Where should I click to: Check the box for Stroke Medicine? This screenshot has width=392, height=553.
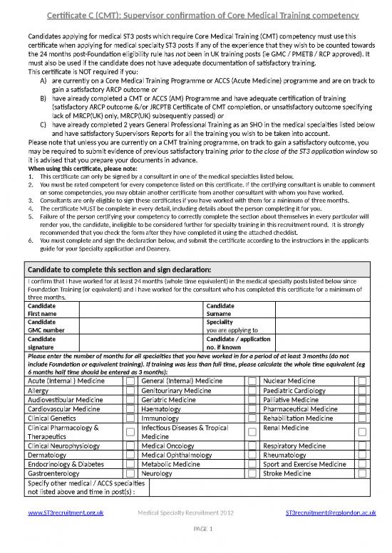[x=363, y=473]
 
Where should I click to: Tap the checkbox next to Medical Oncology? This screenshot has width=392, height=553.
[x=252, y=446]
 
